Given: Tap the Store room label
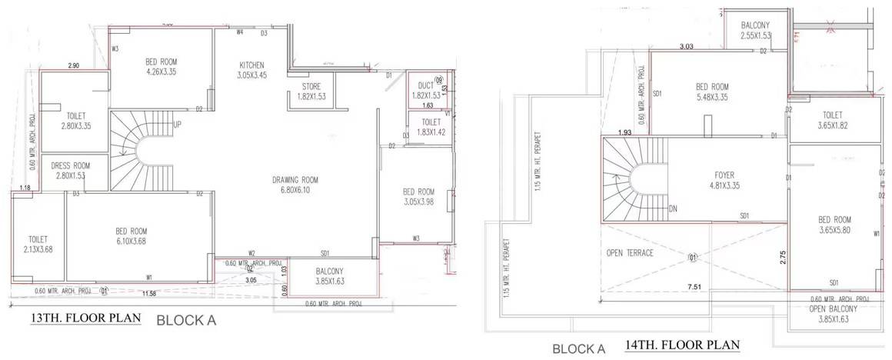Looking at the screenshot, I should pyautogui.click(x=311, y=86).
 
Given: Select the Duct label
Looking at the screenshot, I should pyautogui.click(x=426, y=85).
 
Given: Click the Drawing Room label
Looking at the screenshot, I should pyautogui.click(x=295, y=181).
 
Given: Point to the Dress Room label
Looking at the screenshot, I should pyautogui.click(x=71, y=165).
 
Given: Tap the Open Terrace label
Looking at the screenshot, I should pyautogui.click(x=629, y=253).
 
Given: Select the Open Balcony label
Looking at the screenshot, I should pyautogui.click(x=828, y=309).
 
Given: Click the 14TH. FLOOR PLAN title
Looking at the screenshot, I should pyautogui.click(x=683, y=345).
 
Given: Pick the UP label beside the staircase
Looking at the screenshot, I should pyautogui.click(x=178, y=125).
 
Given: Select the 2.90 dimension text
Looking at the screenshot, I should pyautogui.click(x=74, y=65).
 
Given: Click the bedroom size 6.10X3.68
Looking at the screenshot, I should pyautogui.click(x=131, y=242).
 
